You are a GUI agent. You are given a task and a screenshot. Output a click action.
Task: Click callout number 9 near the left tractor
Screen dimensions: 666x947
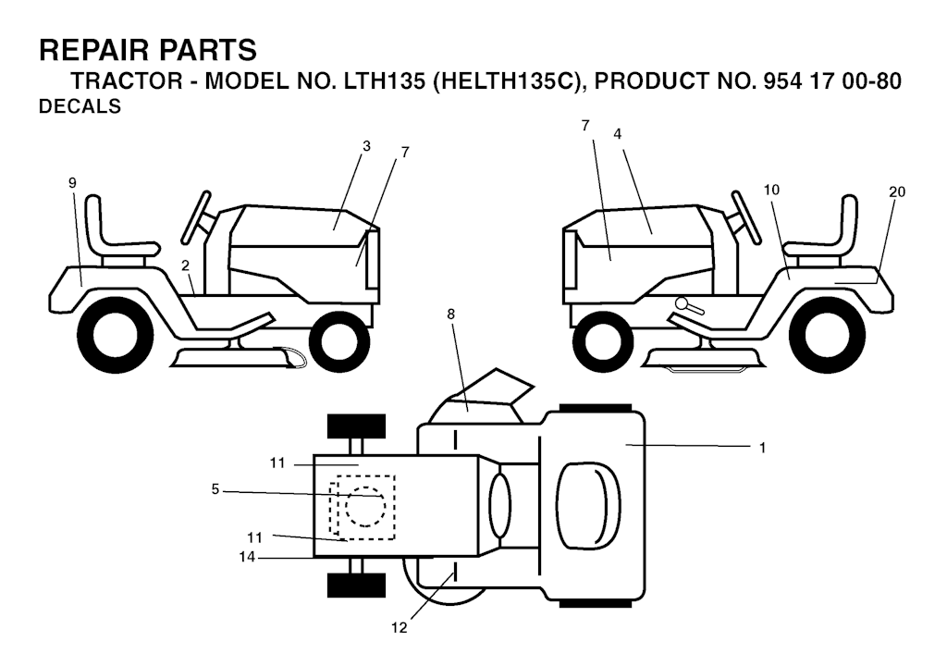click(x=72, y=183)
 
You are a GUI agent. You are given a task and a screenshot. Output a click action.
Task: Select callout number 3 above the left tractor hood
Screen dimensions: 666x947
click(x=366, y=145)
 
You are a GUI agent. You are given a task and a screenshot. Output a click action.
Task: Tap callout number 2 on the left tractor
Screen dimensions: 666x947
click(x=186, y=265)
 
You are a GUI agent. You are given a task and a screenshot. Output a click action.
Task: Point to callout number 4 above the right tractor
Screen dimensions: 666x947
click(x=617, y=133)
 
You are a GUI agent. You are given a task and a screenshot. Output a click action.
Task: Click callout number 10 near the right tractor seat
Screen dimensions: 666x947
click(x=772, y=189)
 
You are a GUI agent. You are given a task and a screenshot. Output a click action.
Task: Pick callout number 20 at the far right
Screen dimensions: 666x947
click(x=896, y=191)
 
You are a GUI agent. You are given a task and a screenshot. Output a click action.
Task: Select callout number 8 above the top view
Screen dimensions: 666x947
click(x=451, y=314)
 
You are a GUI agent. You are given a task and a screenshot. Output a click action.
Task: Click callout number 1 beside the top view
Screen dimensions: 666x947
click(x=762, y=447)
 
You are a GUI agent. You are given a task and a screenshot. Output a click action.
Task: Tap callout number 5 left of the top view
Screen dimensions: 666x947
click(x=215, y=490)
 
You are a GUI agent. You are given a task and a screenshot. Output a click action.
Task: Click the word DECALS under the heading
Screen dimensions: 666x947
click(x=80, y=106)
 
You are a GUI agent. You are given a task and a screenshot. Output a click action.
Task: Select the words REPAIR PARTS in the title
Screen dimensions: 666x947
click(x=148, y=48)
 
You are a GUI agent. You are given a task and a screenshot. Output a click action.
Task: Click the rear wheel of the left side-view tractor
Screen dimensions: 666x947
click(x=112, y=334)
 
